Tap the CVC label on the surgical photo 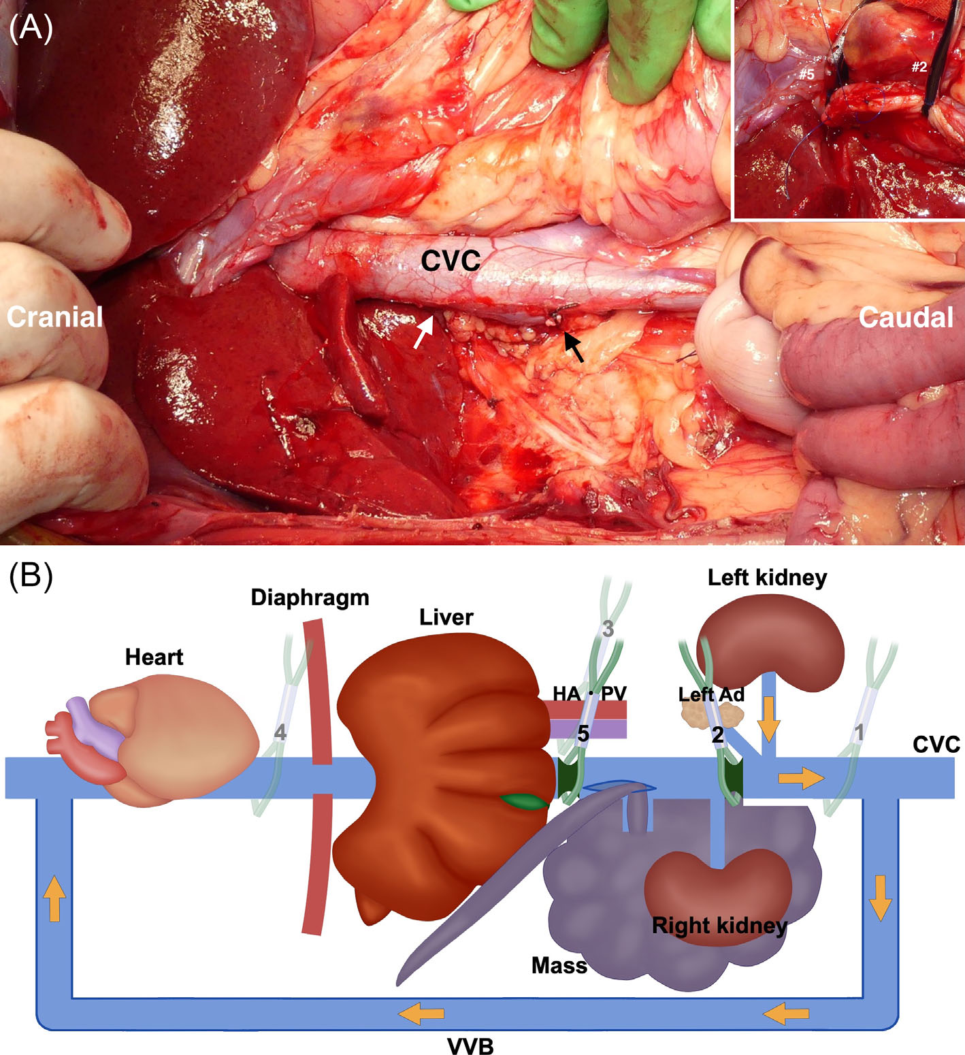(x=451, y=261)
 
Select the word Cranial (x=54, y=317)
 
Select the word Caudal (x=906, y=318)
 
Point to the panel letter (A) (x=31, y=28)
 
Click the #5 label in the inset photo (x=806, y=74)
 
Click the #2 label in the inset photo (x=919, y=67)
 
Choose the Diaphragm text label (x=310, y=598)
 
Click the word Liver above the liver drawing (x=446, y=617)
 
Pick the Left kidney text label (x=767, y=578)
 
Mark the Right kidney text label (x=719, y=926)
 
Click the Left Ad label (x=711, y=695)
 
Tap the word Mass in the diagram (x=559, y=965)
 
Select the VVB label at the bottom (x=470, y=1045)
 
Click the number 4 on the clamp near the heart (x=279, y=733)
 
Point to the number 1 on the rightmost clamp (x=859, y=732)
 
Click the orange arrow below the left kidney (x=768, y=719)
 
